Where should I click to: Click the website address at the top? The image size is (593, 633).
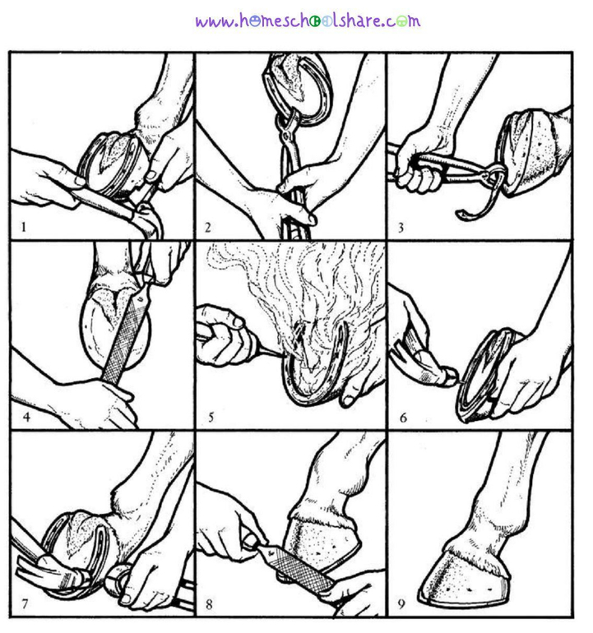[308, 21]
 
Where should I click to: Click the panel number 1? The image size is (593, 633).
[23, 227]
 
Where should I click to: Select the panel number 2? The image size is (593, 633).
[207, 227]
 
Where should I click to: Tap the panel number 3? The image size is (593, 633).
[401, 228]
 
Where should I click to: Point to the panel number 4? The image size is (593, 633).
[26, 417]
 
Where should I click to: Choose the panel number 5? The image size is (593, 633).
[211, 418]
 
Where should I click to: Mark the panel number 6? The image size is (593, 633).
[403, 418]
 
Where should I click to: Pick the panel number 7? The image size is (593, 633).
[25, 604]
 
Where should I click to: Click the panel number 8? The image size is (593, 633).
[209, 604]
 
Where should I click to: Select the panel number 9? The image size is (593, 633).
[401, 604]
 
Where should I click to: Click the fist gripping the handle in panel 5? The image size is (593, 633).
[221, 335]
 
